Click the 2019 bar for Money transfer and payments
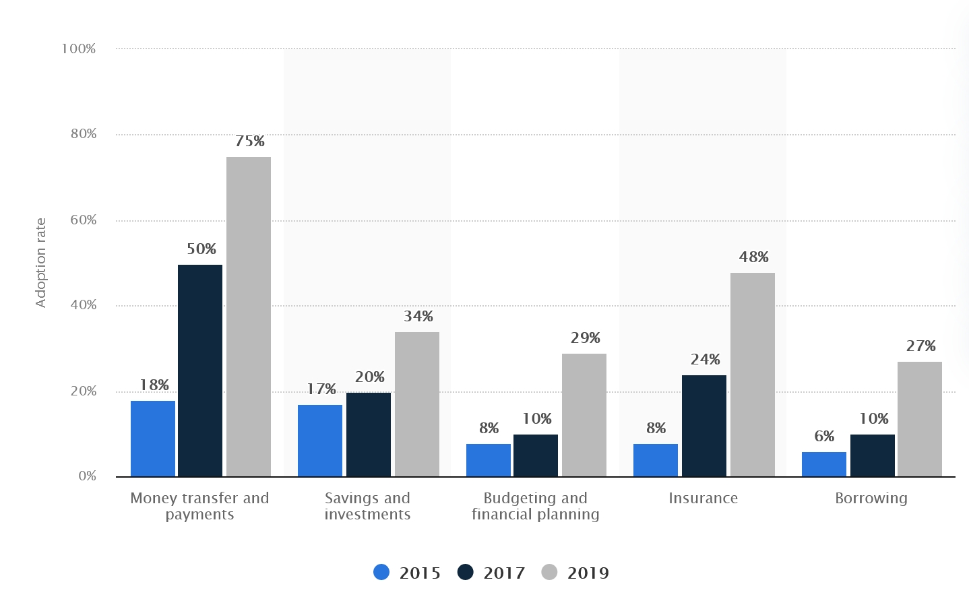tap(249, 317)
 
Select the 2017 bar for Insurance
tap(704, 426)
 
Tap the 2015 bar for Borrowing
tap(823, 464)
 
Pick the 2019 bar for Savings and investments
tap(416, 404)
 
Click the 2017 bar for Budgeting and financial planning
tap(536, 455)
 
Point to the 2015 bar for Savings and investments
tap(320, 441)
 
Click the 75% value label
tap(249, 141)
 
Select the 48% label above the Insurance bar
tap(753, 257)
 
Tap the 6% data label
tap(824, 437)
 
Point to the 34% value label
tap(418, 317)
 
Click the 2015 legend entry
tap(407, 573)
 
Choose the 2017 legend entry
tap(491, 573)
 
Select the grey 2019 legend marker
tap(550, 573)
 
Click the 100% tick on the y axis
tap(79, 49)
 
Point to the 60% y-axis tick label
tap(84, 220)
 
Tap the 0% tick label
tap(88, 476)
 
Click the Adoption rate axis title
tap(41, 263)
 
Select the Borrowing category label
tap(871, 499)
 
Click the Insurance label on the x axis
tap(703, 499)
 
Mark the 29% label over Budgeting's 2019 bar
tap(585, 338)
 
